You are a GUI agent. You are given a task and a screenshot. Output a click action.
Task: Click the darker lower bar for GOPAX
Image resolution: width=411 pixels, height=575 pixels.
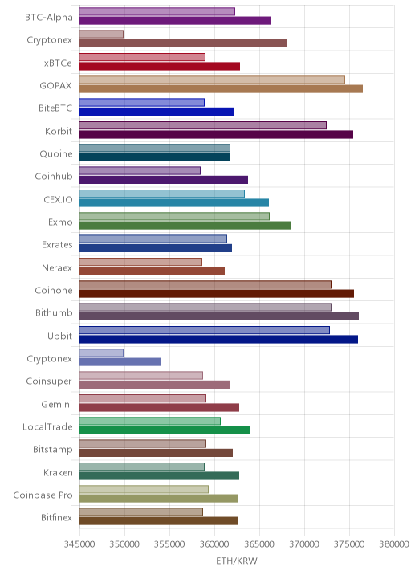(x=221, y=89)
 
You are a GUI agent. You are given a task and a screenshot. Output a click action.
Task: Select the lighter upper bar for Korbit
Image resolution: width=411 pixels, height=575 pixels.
(x=203, y=125)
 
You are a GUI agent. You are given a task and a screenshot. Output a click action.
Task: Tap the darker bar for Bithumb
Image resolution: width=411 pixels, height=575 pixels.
(x=219, y=316)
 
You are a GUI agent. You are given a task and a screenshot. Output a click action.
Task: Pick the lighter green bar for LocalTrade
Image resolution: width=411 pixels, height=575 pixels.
(x=150, y=421)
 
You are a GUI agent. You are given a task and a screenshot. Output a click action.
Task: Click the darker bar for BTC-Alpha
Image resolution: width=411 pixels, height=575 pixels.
(x=175, y=21)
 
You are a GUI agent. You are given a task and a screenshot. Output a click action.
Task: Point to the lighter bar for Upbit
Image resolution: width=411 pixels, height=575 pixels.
(x=205, y=330)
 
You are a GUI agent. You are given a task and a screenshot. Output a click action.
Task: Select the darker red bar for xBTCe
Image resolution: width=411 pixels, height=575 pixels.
(x=160, y=66)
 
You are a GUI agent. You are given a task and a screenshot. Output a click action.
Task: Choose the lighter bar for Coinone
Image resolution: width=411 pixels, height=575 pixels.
(x=205, y=284)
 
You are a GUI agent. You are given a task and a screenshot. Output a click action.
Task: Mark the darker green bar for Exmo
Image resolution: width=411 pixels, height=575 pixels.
(x=185, y=226)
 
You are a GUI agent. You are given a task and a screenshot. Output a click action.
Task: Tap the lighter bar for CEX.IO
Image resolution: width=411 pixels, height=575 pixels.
(x=162, y=194)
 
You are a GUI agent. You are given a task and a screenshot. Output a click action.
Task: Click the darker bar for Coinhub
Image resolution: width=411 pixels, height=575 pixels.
(x=164, y=180)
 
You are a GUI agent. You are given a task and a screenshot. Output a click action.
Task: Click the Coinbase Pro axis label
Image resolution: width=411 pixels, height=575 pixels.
(x=43, y=495)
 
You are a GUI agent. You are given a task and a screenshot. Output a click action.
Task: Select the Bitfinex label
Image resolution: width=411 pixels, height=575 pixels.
(x=57, y=517)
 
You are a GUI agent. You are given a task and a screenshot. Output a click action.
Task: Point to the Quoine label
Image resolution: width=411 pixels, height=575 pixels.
(x=56, y=153)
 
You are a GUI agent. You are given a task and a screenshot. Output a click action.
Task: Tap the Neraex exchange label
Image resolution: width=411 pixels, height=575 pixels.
(x=57, y=267)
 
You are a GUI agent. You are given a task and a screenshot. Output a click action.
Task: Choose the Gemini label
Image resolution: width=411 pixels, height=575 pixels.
(x=57, y=404)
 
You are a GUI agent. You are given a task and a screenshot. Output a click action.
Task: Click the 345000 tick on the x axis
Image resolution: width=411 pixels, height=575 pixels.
(x=79, y=544)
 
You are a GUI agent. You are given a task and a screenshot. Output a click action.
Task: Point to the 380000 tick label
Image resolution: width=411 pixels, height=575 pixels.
(x=394, y=544)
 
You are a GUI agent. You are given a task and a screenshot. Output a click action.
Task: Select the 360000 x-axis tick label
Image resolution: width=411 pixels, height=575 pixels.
(x=214, y=544)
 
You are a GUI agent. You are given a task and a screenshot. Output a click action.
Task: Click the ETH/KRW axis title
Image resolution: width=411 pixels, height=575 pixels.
(x=237, y=561)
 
